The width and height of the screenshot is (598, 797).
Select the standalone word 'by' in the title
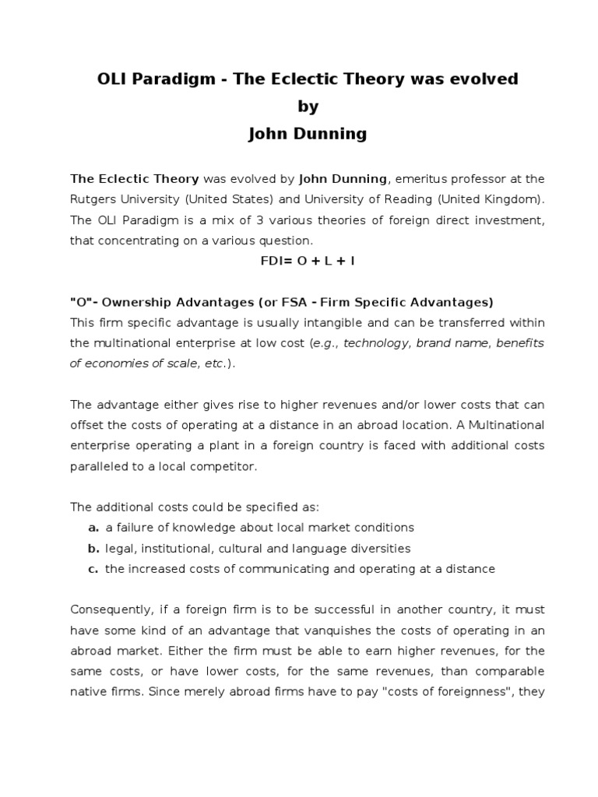tap(298, 107)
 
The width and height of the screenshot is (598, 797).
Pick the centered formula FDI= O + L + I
tap(298, 261)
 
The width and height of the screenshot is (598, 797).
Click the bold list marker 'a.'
tap(93, 527)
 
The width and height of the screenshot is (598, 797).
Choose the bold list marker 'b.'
tap(93, 548)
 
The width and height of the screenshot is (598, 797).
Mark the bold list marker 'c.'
tap(93, 568)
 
